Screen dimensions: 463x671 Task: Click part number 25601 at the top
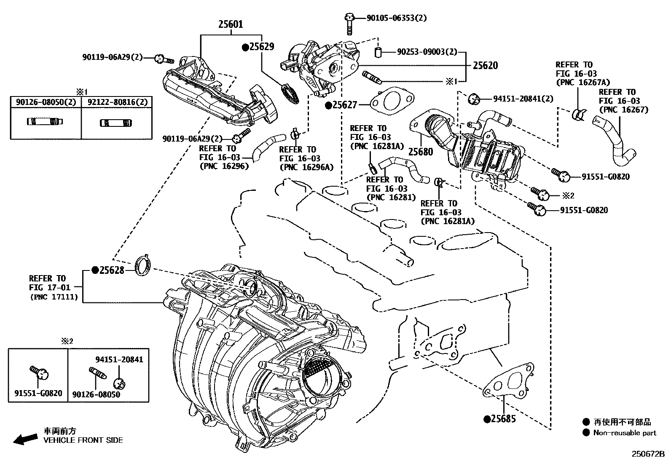[230, 24]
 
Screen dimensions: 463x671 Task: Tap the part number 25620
[485, 65]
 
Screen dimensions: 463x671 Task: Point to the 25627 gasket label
[344, 105]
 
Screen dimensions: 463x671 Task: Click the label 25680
[421, 152]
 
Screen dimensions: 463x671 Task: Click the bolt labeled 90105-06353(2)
[349, 23]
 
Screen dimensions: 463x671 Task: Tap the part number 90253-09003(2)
[427, 52]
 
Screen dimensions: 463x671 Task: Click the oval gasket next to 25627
[390, 102]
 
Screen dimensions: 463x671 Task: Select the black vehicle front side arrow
[24, 439]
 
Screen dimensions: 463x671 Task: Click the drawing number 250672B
[647, 455]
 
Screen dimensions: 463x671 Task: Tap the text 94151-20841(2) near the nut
[523, 99]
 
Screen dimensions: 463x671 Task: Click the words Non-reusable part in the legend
[625, 433]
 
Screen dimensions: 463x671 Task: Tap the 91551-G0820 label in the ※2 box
[38, 393]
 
